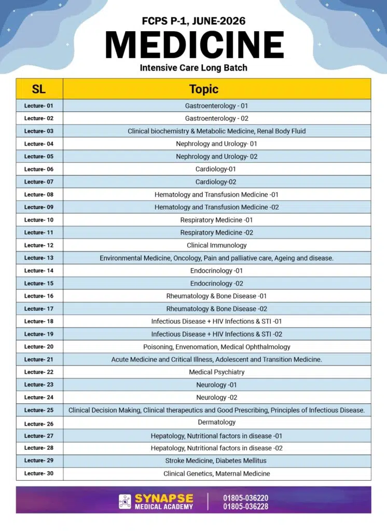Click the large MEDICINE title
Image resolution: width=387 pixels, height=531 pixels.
194,45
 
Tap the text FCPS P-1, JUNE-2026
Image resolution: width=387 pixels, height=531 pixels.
193,21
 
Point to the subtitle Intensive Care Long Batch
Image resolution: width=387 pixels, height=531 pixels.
193,67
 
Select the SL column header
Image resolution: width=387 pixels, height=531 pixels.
39,89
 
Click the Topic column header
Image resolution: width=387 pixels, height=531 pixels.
204,89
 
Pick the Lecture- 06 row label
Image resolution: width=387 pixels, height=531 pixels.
39,169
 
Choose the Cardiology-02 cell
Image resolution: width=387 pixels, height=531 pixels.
216,182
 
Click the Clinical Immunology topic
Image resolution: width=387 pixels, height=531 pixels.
216,245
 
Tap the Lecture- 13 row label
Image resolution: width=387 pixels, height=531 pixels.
39,258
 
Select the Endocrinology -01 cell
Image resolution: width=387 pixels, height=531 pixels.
216,271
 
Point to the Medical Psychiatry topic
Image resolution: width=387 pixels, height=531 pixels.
216,372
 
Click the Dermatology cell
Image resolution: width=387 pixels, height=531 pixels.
216,423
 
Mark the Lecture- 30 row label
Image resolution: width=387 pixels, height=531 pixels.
39,473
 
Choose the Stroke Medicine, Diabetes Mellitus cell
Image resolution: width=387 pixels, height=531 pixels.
216,460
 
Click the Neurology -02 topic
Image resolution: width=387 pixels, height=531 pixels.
216,397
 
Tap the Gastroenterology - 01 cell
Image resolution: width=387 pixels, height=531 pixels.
216,106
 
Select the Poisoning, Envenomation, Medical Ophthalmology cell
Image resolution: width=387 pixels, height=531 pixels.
216,346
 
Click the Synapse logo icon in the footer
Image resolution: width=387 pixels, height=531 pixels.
125,501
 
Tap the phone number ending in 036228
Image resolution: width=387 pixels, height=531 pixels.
246,507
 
